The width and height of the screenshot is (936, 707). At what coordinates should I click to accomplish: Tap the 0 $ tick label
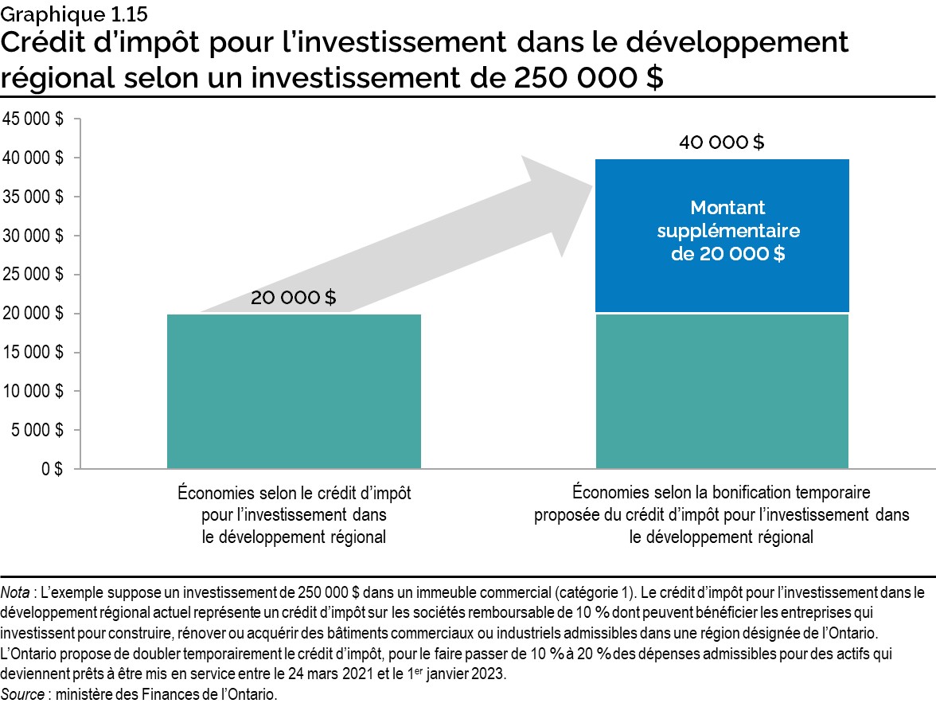(x=53, y=469)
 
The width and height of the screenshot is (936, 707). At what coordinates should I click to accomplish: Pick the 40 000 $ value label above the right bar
(x=721, y=143)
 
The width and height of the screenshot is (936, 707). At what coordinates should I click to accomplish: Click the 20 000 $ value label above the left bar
(x=293, y=299)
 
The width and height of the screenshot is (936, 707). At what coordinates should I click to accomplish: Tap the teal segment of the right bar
(x=721, y=390)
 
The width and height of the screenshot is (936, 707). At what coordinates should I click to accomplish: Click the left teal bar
(x=294, y=390)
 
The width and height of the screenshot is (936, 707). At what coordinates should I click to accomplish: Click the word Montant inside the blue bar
(x=727, y=208)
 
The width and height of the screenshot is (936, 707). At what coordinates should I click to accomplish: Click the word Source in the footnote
(x=21, y=694)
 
